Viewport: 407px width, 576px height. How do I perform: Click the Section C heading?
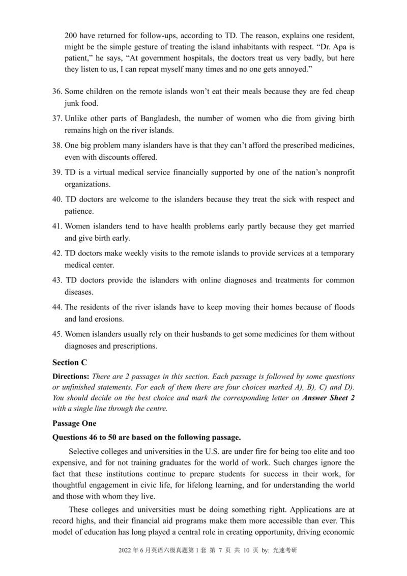click(x=70, y=362)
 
